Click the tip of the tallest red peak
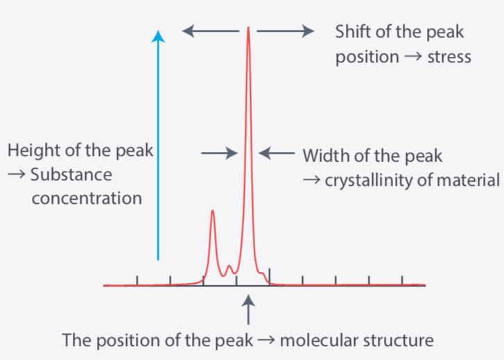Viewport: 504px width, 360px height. pos(248,27)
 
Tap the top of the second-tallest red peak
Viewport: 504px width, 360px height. pos(212,210)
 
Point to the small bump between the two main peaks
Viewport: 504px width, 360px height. pos(229,266)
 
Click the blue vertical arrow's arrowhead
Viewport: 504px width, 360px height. pos(158,36)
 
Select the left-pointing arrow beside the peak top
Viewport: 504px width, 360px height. pos(211,31)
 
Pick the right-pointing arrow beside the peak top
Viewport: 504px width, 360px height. pos(286,31)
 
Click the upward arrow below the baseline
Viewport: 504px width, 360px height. pos(248,309)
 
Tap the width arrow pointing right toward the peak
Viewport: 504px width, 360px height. pos(220,153)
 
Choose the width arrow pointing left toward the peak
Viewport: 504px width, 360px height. pos(277,153)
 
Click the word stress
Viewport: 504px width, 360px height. pos(449,58)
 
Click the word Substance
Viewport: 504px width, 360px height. pos(71,175)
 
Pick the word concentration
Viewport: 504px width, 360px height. pos(87,198)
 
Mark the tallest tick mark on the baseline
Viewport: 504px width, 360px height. pos(270,276)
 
